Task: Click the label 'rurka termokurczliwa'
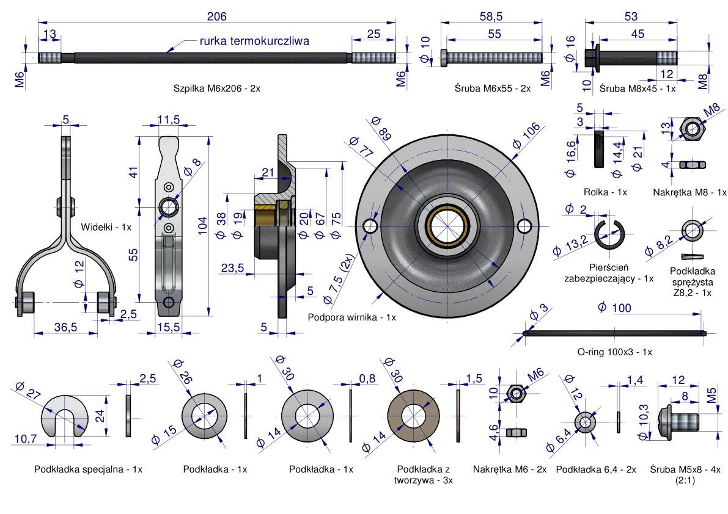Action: click(254, 42)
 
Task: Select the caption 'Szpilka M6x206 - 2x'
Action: click(217, 88)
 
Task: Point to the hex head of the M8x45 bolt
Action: click(592, 57)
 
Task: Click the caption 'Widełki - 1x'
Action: click(106, 226)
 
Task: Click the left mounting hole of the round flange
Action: click(370, 226)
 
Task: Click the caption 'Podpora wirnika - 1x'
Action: click(352, 317)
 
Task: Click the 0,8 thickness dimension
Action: click(367, 378)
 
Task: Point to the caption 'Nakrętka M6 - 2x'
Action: click(510, 469)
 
